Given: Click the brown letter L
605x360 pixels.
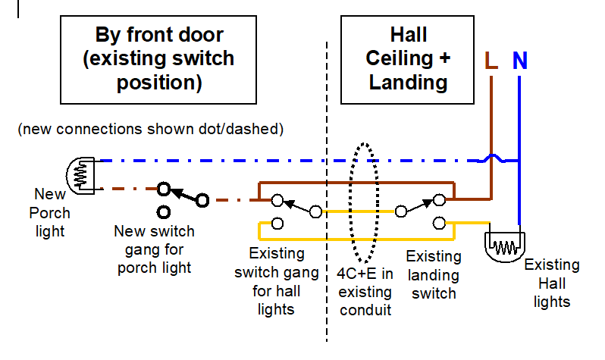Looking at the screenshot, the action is pyautogui.click(x=491, y=60).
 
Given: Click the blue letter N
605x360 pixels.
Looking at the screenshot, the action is pyautogui.click(x=520, y=60).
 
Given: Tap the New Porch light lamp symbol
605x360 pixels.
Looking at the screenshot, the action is pyautogui.click(x=80, y=176).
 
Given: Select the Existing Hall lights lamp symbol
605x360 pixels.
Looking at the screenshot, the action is pyautogui.click(x=505, y=247).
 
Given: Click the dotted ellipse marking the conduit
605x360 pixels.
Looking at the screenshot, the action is pyautogui.click(x=350, y=202).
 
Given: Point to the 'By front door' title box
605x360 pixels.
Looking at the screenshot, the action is pyautogui.click(x=158, y=60).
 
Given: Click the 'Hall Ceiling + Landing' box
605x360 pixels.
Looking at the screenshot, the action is pyautogui.click(x=407, y=60).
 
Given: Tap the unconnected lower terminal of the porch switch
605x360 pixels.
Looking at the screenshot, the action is pyautogui.click(x=164, y=212).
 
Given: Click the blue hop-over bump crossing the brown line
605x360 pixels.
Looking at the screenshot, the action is pyautogui.click(x=491, y=158).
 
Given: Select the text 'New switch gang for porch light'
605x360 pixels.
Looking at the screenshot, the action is pyautogui.click(x=155, y=249).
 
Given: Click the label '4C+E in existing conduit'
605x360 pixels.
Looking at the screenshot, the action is pyautogui.click(x=365, y=292).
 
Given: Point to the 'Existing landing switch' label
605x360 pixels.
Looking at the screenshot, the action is pyautogui.click(x=434, y=274).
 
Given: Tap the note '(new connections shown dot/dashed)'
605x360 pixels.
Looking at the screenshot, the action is pyautogui.click(x=150, y=129).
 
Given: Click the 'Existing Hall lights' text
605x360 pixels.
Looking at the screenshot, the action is pyautogui.click(x=552, y=283).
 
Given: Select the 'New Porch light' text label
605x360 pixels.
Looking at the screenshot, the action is pyautogui.click(x=50, y=213).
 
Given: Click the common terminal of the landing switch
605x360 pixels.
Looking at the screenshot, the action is pyautogui.click(x=401, y=211).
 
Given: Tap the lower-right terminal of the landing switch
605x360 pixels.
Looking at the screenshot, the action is pyautogui.click(x=439, y=223).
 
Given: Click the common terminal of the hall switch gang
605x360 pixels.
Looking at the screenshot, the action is pyautogui.click(x=315, y=211).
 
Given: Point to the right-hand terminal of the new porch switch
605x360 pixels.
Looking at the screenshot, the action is pyautogui.click(x=202, y=200).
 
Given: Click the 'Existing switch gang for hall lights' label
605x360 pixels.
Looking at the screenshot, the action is pyautogui.click(x=276, y=281).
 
